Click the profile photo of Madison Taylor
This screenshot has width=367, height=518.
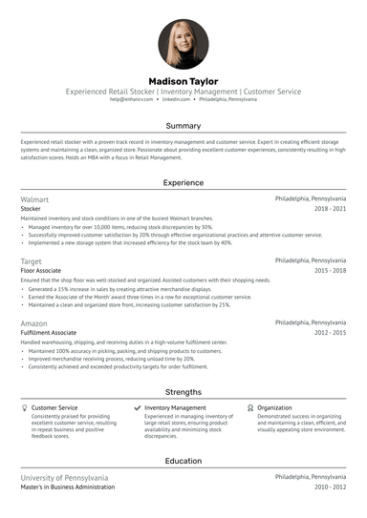pos(183,44)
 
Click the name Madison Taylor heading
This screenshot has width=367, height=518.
pos(183,81)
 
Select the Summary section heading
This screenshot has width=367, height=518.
pos(183,126)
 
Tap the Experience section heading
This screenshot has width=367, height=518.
pos(183,181)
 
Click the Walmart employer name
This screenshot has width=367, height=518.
pos(35,198)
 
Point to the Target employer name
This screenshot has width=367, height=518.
pos(32,259)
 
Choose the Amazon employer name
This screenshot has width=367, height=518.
pos(34,323)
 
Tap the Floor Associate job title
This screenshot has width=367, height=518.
pos(41,270)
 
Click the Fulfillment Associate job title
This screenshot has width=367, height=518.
pos(49,333)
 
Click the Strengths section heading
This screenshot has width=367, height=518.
pos(183,391)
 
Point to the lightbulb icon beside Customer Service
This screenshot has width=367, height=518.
pos(24,407)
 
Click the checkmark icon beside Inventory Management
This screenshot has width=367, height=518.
pos(138,407)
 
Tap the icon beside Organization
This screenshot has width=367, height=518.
pos(250,407)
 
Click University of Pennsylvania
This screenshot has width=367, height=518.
pos(64,476)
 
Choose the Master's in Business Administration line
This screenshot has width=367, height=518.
pos(68,487)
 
